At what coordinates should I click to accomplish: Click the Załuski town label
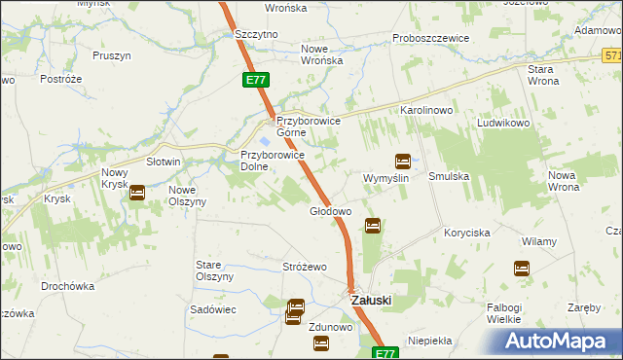[x=371, y=300]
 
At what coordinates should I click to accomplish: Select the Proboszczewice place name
[x=431, y=38]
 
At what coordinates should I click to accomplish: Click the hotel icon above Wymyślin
[x=402, y=162]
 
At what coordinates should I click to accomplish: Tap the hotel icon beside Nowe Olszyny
[x=137, y=193]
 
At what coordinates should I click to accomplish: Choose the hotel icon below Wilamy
[x=522, y=268]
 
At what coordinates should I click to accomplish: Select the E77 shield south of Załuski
[x=386, y=353]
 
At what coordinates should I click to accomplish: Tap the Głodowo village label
[x=330, y=211]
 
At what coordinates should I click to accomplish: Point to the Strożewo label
[x=305, y=267]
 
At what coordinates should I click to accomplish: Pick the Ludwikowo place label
[x=501, y=124]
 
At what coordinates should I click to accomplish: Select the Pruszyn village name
[x=112, y=55]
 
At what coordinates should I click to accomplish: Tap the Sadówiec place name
[x=213, y=307]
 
